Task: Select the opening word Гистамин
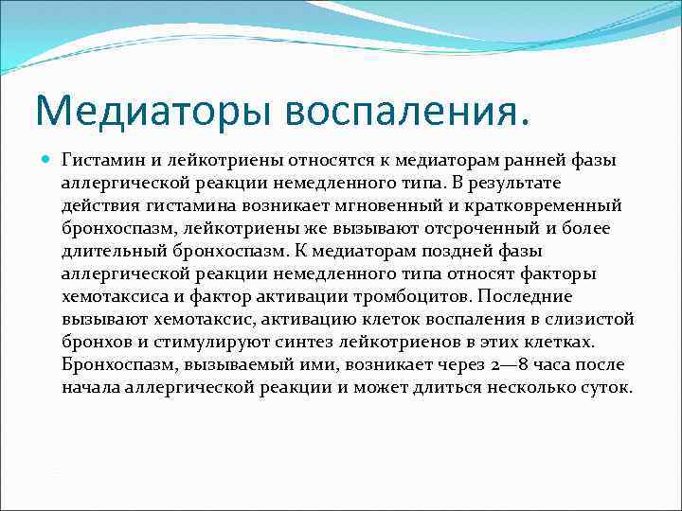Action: (x=100, y=160)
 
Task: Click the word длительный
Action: (x=111, y=251)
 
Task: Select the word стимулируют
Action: (x=213, y=342)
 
